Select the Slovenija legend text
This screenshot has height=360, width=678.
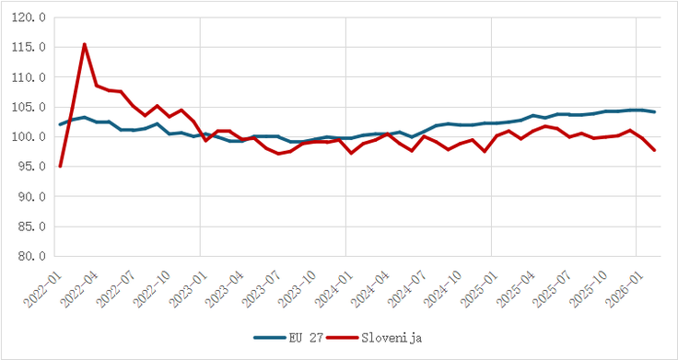click(391, 337)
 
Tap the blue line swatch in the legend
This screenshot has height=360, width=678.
click(270, 337)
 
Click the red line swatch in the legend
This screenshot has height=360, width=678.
click(344, 337)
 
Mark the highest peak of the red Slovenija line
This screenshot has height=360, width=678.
click(85, 43)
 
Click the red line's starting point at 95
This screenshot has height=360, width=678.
click(61, 167)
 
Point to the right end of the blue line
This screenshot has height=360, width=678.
click(655, 111)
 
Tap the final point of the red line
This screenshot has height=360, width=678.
click(655, 151)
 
